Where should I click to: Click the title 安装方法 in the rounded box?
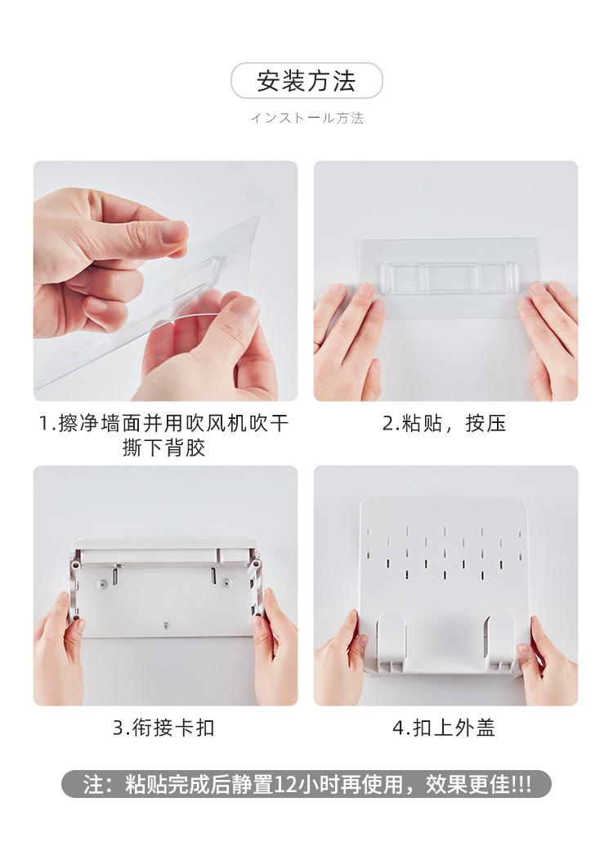click(306, 81)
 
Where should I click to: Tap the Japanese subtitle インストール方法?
click(306, 118)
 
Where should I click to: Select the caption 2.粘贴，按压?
click(445, 423)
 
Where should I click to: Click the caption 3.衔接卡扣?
click(163, 728)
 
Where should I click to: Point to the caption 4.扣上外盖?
click(445, 728)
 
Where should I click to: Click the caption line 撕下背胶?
click(163, 448)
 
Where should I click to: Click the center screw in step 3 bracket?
click(166, 625)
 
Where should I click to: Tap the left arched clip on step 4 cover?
click(392, 642)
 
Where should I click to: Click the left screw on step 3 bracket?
click(101, 582)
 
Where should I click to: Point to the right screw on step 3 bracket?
click(227, 582)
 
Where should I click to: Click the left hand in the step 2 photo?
click(348, 341)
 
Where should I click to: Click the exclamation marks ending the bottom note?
click(521, 785)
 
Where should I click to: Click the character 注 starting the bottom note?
click(92, 785)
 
